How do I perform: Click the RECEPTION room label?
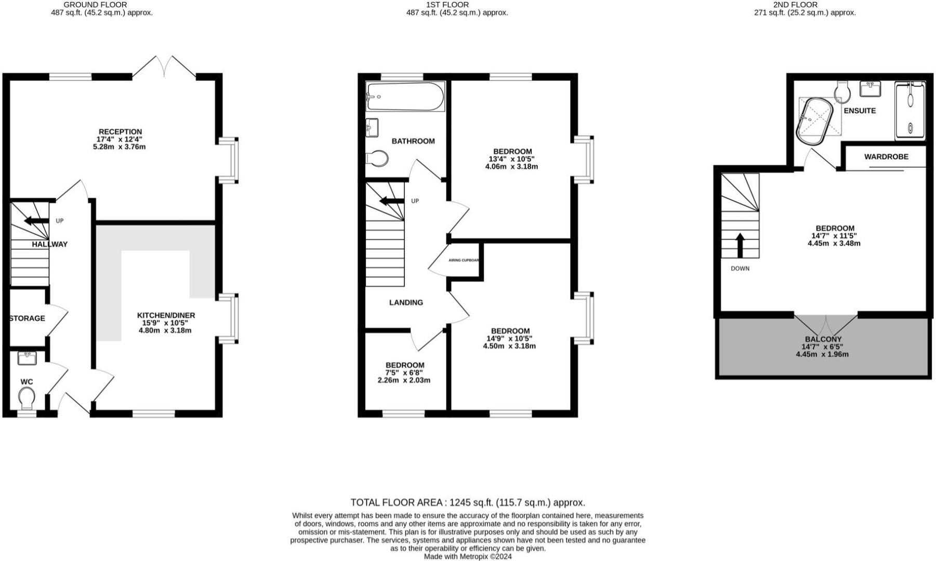(120, 132)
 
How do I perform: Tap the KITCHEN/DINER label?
(166, 315)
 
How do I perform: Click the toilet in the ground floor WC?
(27, 399)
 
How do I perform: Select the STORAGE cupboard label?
(27, 318)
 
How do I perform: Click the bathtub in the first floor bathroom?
(405, 97)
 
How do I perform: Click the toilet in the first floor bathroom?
(377, 158)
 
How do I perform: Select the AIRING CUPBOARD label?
(464, 260)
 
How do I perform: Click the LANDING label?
(406, 302)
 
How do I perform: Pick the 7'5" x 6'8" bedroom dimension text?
(404, 372)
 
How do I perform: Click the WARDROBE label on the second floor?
(886, 156)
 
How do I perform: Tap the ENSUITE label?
(860, 111)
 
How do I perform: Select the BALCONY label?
(822, 339)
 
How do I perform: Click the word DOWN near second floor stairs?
(740, 269)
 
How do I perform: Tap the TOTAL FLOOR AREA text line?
(467, 502)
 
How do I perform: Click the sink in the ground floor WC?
(27, 358)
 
